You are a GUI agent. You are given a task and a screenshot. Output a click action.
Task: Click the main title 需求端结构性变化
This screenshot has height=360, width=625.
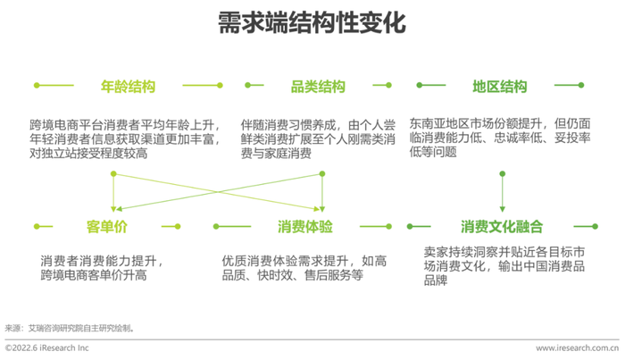312,22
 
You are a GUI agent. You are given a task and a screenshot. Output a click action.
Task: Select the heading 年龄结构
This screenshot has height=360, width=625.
128,86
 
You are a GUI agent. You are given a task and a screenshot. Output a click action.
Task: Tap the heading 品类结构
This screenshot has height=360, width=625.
318,86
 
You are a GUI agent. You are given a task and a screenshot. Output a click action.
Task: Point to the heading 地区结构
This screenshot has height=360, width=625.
500,86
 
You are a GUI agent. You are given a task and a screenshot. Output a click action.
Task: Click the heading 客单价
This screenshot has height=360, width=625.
107,226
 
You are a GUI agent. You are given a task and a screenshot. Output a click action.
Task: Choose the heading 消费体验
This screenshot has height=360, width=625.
305,226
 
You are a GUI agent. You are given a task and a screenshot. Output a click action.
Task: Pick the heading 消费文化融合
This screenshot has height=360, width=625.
502,226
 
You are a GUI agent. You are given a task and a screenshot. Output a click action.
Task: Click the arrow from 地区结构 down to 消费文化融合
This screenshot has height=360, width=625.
502,192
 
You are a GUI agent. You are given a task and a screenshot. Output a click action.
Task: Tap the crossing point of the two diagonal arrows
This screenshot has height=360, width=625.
218,191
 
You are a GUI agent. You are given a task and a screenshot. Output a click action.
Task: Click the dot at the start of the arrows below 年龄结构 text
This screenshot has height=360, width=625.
113,174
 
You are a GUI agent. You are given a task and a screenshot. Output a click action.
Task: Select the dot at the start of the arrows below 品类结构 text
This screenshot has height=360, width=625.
322,174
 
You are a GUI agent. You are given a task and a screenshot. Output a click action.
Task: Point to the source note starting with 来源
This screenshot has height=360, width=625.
70,328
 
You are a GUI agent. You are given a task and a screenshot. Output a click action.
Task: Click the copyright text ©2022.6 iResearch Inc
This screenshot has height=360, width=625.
46,347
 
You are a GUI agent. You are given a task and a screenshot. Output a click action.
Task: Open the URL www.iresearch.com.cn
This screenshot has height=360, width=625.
577,347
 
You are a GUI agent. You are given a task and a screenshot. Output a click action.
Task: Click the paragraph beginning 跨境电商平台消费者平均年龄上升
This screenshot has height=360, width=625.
125,139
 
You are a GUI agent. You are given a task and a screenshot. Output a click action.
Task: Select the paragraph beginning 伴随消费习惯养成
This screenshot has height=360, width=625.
318,139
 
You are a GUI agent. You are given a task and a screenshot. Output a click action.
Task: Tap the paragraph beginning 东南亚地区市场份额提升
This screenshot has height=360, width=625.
500,138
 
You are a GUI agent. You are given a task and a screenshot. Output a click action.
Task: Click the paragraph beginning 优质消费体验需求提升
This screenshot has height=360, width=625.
304,268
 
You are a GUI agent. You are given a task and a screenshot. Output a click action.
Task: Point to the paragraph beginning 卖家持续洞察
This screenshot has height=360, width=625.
504,266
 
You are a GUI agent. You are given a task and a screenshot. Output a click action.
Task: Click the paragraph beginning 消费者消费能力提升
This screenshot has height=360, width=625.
102,268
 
